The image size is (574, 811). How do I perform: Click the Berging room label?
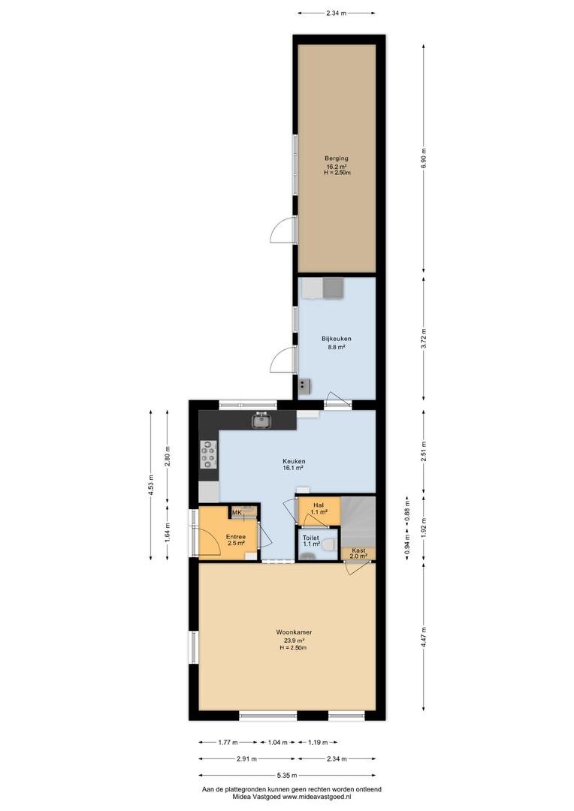337,158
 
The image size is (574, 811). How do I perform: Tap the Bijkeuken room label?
337,339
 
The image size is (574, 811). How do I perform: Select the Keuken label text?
294,461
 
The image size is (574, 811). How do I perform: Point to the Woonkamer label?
294,632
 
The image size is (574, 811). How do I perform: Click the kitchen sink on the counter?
262,421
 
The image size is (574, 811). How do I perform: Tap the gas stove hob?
209,454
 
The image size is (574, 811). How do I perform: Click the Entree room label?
235,537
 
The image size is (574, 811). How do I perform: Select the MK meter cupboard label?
237,513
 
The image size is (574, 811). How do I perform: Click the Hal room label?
319,505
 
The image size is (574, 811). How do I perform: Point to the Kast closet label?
358,550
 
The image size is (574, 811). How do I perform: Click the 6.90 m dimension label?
424,158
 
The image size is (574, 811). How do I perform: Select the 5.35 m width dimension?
287,775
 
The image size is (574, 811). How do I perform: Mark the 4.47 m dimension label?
424,638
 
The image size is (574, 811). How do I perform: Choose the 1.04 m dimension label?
277,742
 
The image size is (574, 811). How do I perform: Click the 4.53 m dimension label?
150,485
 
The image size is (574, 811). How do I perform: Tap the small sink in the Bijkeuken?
304,386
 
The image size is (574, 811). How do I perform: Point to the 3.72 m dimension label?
424,338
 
